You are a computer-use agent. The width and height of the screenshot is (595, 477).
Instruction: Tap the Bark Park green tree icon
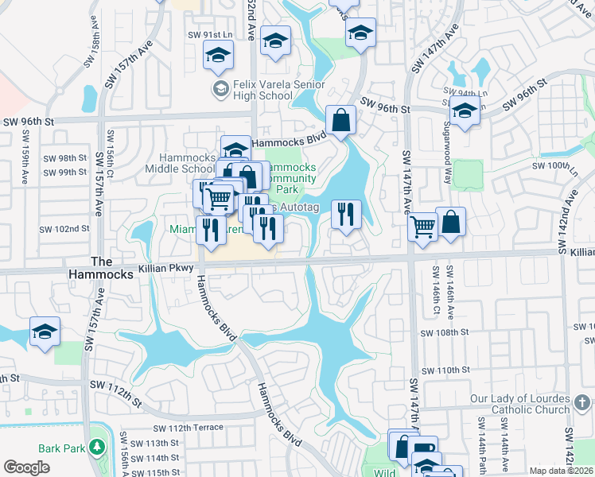click(97, 448)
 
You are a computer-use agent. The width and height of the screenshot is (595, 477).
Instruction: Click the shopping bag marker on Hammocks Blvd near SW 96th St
click(340, 121)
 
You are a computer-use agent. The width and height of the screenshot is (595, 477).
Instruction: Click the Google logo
click(26, 467)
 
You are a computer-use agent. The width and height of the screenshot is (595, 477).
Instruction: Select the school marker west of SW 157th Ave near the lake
click(45, 332)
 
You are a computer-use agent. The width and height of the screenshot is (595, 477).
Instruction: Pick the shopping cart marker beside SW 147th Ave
click(422, 227)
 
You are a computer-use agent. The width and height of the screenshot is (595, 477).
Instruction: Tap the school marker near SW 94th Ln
click(465, 112)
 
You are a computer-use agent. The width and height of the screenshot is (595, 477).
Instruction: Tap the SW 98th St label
click(65, 158)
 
